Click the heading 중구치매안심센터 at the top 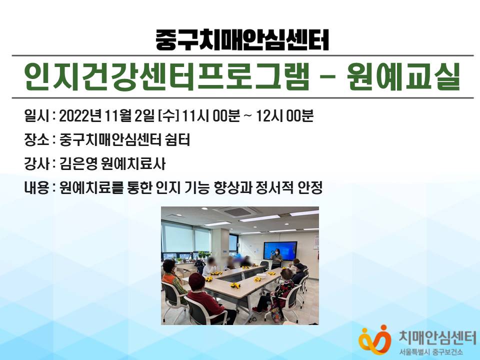pos(242,40)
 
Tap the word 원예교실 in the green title pos(403,76)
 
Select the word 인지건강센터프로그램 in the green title pos(167,76)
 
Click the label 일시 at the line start pos(36,116)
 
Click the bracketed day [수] pos(168,116)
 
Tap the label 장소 pos(36,140)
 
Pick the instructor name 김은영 pos(78,164)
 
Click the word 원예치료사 pos(133,164)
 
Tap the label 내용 pos(36,187)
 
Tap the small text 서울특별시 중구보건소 pos(431,352)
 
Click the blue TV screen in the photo pos(280,250)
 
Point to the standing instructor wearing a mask pos(276,258)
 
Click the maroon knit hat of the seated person pos(196,280)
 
